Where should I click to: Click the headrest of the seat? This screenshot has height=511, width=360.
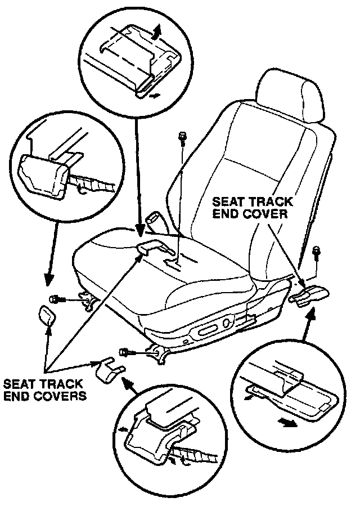point(292,99)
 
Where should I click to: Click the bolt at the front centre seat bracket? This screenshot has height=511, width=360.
point(124,352)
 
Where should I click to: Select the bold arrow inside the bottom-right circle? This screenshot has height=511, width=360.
point(287,422)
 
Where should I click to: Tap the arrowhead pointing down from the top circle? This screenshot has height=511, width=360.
point(138,228)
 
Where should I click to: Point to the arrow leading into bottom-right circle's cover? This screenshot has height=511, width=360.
point(308,313)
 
